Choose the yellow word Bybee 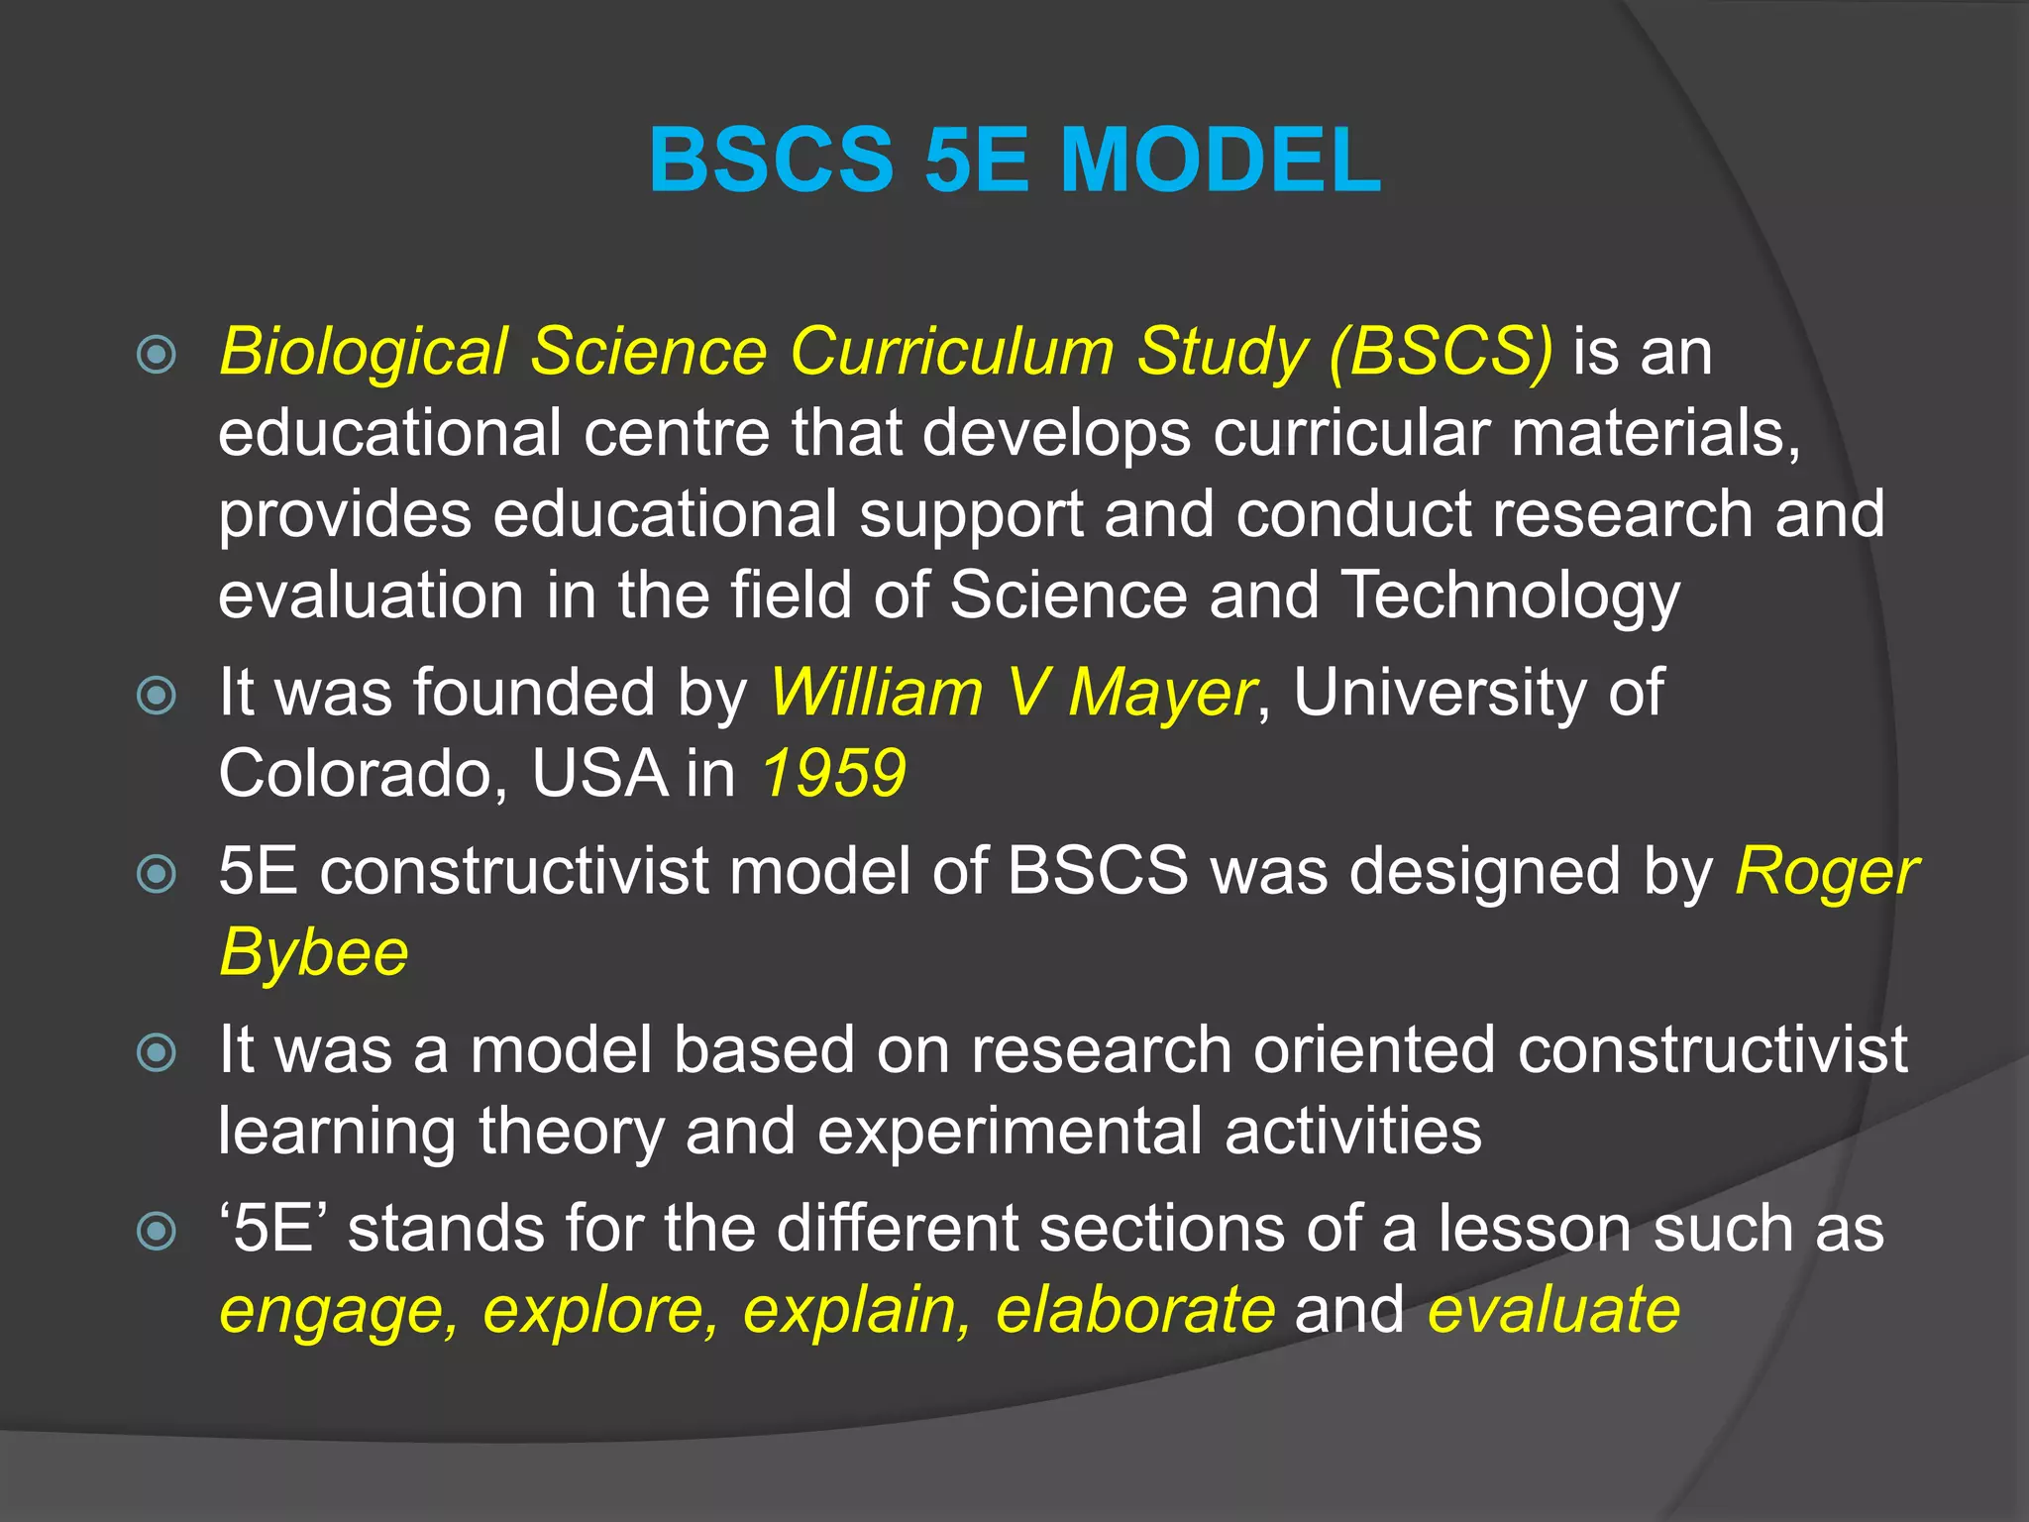pyautogui.click(x=313, y=953)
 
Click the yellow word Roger pyautogui.click(x=1826, y=873)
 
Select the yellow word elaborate pyautogui.click(x=1135, y=1309)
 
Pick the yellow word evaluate pyautogui.click(x=1553, y=1309)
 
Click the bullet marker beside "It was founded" pyautogui.click(x=157, y=695)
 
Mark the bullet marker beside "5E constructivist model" pyautogui.click(x=157, y=874)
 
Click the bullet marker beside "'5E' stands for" pyautogui.click(x=157, y=1232)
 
